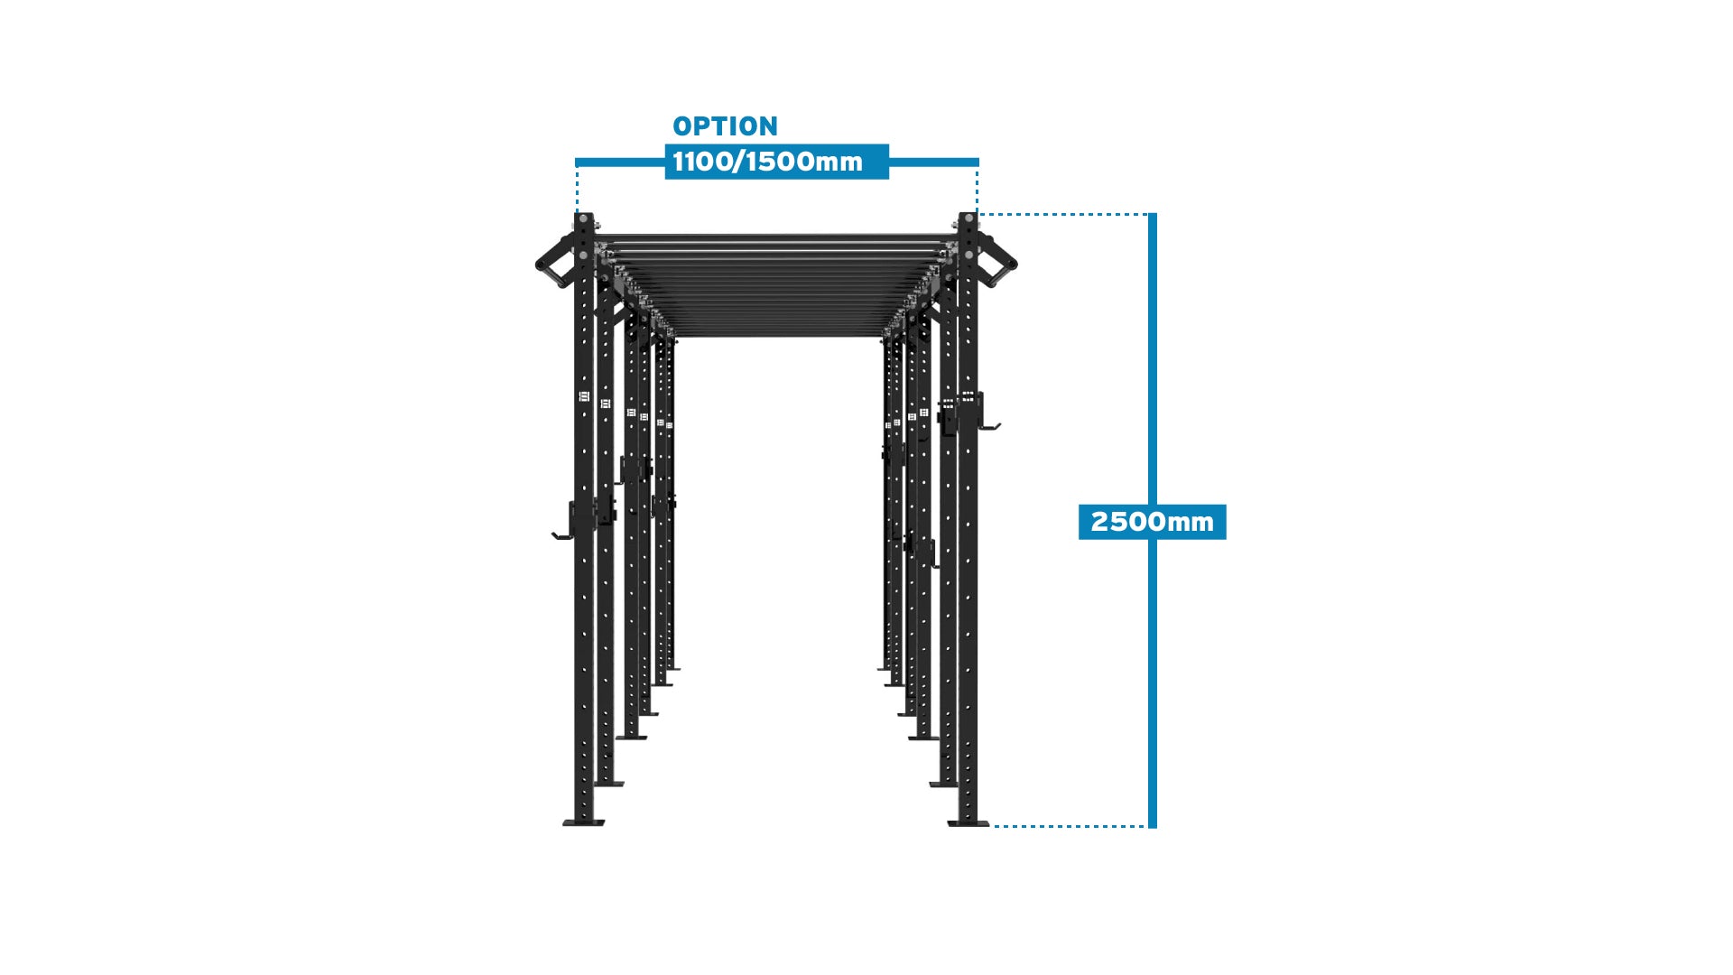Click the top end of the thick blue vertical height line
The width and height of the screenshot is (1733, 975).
tap(1153, 214)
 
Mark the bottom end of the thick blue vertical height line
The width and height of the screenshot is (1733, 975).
tap(1153, 828)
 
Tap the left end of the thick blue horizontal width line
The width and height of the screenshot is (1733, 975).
tap(576, 162)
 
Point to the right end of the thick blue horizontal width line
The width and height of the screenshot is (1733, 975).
tap(978, 162)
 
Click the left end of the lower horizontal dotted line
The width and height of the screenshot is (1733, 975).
tap(994, 825)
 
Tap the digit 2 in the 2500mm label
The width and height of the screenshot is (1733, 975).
tap(1099, 522)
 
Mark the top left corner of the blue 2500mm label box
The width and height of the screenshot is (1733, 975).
tap(1079, 505)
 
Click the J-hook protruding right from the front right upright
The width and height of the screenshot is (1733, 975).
tap(988, 413)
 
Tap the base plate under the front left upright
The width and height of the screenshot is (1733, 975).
tap(584, 822)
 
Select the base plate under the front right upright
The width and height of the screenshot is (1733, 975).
tap(968, 822)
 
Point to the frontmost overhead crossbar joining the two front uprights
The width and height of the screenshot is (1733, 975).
tap(776, 238)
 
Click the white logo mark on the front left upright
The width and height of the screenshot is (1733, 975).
tap(583, 396)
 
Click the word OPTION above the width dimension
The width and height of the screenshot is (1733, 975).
tap(725, 126)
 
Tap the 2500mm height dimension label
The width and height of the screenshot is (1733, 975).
tap(1153, 522)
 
